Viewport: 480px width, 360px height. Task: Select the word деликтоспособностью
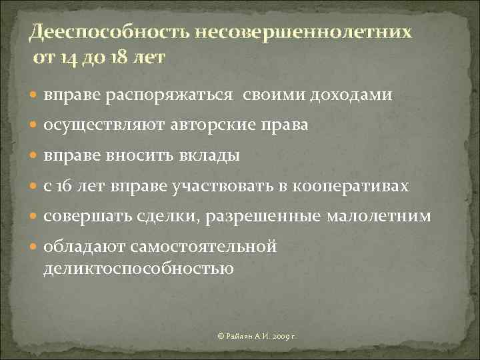(x=139, y=269)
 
